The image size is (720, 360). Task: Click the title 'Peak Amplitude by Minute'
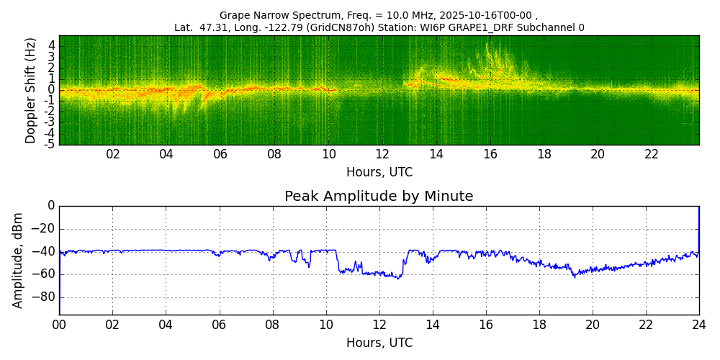[379, 197]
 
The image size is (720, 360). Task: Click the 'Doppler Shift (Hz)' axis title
[31, 91]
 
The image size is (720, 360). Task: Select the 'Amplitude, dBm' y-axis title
[19, 260]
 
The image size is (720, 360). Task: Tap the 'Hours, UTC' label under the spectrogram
[379, 173]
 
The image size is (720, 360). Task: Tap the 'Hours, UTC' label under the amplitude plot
[379, 343]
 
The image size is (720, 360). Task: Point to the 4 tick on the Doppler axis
[51, 45]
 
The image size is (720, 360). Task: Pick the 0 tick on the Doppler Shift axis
[51, 89]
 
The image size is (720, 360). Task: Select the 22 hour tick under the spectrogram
[652, 155]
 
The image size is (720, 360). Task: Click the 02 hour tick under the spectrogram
[113, 155]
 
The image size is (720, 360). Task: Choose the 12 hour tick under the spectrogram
[382, 155]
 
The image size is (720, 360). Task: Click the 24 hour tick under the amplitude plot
[699, 325]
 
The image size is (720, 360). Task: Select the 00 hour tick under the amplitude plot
[59, 325]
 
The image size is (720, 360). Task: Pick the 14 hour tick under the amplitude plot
[432, 325]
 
